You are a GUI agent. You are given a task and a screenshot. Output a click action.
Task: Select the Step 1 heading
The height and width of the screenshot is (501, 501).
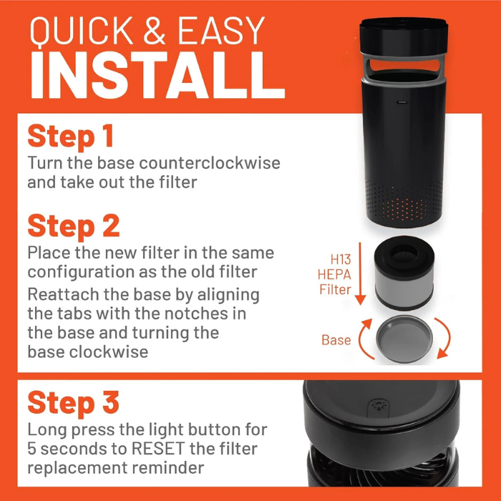71,136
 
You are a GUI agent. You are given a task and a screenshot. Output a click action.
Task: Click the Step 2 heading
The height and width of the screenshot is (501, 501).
73,225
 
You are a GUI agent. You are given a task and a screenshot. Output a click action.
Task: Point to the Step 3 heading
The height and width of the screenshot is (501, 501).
73,402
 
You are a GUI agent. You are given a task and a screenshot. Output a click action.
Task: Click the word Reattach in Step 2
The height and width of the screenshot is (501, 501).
60,296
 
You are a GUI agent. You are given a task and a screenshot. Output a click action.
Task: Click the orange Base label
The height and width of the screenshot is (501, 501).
336,339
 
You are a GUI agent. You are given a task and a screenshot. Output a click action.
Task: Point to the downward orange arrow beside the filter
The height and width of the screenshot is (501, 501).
362,276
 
